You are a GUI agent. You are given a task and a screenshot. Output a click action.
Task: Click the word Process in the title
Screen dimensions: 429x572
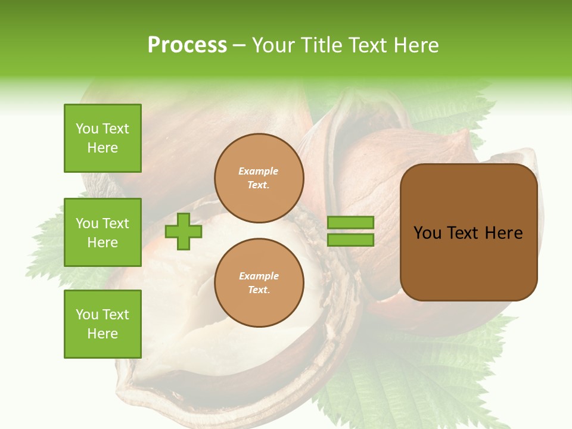[187, 45]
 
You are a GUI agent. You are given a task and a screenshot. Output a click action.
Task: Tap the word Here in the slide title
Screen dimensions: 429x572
[415, 45]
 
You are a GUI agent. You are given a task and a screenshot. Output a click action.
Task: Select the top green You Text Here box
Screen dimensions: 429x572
[102, 138]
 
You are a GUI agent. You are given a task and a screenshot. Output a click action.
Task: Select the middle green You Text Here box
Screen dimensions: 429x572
[102, 232]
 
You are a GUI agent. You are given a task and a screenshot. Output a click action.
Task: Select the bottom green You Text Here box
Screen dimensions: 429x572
[102, 324]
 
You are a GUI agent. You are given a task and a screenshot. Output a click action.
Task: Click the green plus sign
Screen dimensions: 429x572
[184, 231]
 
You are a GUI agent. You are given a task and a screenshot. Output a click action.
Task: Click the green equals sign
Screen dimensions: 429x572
[350, 231]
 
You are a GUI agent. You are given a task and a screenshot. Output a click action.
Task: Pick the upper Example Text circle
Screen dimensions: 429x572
[259, 178]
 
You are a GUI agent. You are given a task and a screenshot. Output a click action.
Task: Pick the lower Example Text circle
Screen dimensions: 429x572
[259, 282]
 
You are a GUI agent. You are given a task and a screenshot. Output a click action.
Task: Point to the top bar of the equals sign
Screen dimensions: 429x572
[350, 223]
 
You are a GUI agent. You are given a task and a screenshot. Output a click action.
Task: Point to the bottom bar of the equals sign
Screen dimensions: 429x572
[350, 240]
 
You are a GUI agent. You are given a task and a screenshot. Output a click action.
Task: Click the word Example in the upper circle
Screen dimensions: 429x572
[259, 171]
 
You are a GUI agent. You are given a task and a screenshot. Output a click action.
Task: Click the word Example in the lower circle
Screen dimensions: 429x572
[259, 276]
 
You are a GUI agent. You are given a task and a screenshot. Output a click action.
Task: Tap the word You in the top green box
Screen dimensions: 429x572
[87, 129]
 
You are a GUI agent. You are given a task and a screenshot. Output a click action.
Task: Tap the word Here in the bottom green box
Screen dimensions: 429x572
[102, 334]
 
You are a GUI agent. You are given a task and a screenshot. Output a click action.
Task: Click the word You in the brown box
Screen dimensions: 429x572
[428, 233]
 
